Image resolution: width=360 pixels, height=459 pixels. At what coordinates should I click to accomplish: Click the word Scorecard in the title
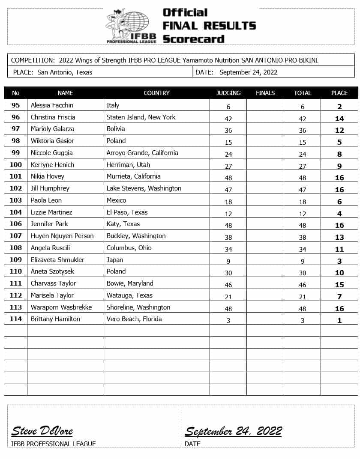pyautogui.click(x=193, y=39)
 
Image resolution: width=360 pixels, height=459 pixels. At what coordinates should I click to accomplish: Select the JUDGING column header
pyautogui.click(x=228, y=93)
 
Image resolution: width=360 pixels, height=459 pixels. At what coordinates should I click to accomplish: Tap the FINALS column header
pyautogui.click(x=265, y=93)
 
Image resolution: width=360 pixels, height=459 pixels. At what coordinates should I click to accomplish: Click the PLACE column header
pyautogui.click(x=339, y=93)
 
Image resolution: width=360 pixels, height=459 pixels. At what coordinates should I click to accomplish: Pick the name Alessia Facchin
pyautogui.click(x=52, y=105)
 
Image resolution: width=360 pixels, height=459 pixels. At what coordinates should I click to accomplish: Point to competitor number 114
pyautogui.click(x=16, y=319)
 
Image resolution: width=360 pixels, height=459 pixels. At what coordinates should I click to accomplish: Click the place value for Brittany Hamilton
pyautogui.click(x=339, y=320)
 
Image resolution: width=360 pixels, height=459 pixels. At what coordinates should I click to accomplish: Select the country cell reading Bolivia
pyautogui.click(x=116, y=129)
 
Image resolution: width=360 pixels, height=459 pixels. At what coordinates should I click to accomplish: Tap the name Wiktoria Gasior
pyautogui.click(x=52, y=141)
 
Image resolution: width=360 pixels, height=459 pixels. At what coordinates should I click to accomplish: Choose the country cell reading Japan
pyautogui.click(x=115, y=259)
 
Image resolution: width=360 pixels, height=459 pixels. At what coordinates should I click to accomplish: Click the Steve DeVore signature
pyautogui.click(x=42, y=431)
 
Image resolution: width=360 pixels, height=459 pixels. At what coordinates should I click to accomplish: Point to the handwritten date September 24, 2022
pyautogui.click(x=233, y=431)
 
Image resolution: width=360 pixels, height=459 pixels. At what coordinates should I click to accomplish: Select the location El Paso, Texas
pyautogui.click(x=127, y=212)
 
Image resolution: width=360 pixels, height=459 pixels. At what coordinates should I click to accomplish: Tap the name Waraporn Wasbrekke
pyautogui.click(x=61, y=307)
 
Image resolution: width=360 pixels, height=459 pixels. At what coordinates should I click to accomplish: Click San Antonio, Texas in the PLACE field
pyautogui.click(x=65, y=72)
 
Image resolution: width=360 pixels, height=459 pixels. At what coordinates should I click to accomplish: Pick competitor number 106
pyautogui.click(x=16, y=224)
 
